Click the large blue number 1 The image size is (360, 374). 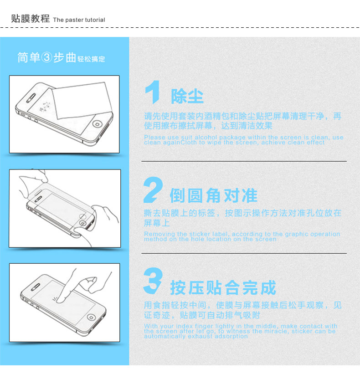coord(153,92)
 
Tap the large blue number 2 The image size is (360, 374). coord(153,190)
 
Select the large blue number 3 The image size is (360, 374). coord(153,281)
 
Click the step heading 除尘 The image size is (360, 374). coord(187,96)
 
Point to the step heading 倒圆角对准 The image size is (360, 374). coord(214,195)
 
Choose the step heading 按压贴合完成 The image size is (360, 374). coord(223,287)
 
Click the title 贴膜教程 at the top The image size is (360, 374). coord(30,18)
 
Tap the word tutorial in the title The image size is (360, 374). coord(95,20)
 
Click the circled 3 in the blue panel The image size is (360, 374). coord(47,57)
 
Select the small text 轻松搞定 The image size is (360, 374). coord(91,59)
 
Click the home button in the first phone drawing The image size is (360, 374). coord(97,124)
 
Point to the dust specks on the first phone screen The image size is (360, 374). coord(45,107)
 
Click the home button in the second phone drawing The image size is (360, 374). coord(83,223)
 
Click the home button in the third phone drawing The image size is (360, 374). coord(91,317)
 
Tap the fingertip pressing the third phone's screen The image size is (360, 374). coord(60,300)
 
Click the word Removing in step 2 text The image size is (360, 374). coord(159,234)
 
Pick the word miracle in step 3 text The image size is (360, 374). coord(277,331)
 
